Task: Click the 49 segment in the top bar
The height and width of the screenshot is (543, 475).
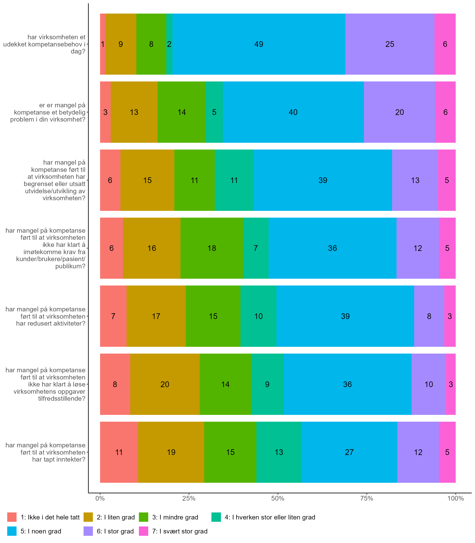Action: point(259,44)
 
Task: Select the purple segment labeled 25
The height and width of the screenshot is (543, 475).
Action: point(390,44)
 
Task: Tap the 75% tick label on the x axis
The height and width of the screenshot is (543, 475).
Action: point(367,498)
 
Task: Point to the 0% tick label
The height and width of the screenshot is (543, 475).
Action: point(100,498)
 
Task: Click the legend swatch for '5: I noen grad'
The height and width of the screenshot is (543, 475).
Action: point(12,531)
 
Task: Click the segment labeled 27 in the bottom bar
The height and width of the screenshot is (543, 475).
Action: point(349,452)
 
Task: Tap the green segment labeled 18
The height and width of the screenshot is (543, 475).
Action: point(212,248)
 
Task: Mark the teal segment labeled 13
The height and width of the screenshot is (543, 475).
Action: point(279,452)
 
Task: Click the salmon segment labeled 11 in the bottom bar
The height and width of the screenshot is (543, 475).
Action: point(119,452)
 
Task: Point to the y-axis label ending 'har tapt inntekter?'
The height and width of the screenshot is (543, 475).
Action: point(46,452)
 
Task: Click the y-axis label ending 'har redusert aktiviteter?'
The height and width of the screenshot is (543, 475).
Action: point(46,316)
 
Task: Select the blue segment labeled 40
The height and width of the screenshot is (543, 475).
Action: point(293,112)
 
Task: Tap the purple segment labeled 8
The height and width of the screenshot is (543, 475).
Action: point(429,316)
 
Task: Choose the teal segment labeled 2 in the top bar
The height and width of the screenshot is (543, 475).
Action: point(169,44)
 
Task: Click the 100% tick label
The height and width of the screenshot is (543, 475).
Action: point(455,498)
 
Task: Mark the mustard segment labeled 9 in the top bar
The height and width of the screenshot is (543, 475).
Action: point(121,44)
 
